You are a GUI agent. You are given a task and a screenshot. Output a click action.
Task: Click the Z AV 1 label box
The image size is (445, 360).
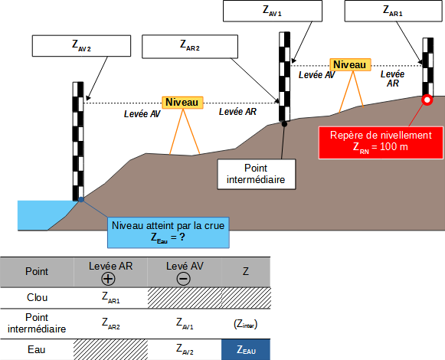[273, 11]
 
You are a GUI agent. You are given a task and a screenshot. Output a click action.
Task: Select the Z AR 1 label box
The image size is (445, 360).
[393, 11]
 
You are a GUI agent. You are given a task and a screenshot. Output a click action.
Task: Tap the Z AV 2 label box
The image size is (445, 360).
[81, 46]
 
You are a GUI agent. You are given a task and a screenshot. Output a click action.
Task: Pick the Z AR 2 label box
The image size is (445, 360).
[190, 47]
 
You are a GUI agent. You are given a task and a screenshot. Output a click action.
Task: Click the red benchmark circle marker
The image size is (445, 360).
[427, 100]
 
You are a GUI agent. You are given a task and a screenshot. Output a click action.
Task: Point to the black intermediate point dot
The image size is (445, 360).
[284, 124]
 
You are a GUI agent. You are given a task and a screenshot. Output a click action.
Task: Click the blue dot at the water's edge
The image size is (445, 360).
[81, 199]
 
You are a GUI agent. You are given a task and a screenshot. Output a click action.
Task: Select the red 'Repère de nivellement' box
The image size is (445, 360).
[381, 142]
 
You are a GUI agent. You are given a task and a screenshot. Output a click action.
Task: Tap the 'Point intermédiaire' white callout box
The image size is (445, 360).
[257, 174]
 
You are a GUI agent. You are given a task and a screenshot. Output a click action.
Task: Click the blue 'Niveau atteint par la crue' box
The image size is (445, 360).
[169, 233]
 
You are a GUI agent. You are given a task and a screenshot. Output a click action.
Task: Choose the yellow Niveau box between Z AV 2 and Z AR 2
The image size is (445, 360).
[182, 103]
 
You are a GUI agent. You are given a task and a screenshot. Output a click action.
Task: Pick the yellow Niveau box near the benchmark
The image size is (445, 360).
[350, 65]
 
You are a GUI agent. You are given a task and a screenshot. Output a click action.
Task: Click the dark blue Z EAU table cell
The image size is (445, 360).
[246, 349]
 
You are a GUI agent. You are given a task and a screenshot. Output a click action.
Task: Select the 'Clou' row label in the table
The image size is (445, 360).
[38, 297]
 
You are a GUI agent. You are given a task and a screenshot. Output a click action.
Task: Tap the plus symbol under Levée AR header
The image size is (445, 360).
[108, 279]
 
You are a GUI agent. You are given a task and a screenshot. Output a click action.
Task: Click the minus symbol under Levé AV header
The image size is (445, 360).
[184, 279]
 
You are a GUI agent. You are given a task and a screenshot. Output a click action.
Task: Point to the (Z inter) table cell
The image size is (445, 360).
[246, 324]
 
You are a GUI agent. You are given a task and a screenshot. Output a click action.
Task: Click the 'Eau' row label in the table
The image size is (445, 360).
[37, 349]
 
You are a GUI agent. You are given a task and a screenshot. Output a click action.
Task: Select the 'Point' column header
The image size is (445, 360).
[37, 271]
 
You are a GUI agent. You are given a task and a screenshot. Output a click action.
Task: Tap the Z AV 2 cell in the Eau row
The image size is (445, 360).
[185, 349]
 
